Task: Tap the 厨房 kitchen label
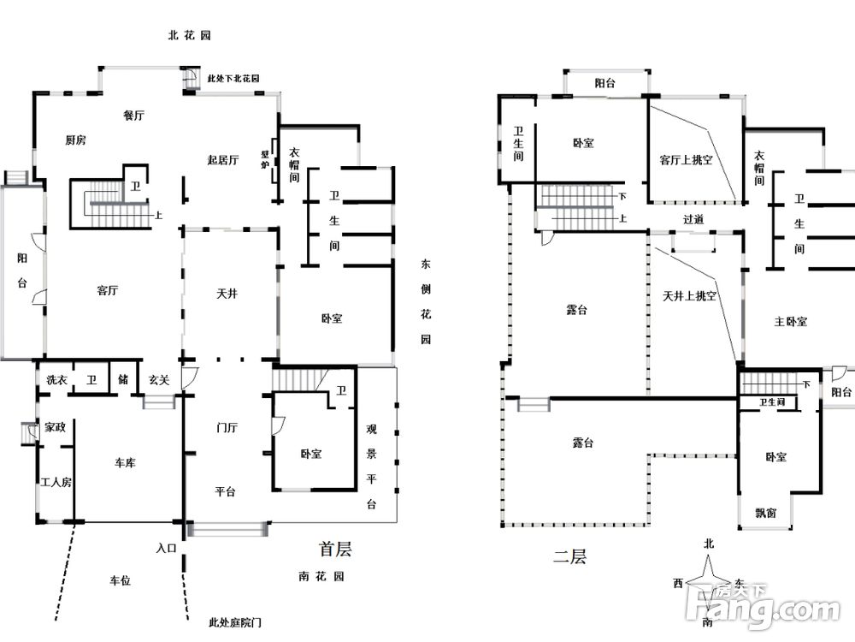(x=75, y=140)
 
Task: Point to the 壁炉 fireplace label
(x=265, y=161)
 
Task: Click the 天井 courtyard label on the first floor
(x=227, y=294)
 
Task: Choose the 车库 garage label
(x=126, y=462)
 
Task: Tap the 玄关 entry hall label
(x=158, y=379)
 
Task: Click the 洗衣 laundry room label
(x=56, y=379)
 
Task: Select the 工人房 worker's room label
(x=56, y=482)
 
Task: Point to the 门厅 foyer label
(x=227, y=425)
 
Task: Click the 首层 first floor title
(x=334, y=549)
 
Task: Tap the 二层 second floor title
(x=569, y=557)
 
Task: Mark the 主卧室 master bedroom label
(x=790, y=322)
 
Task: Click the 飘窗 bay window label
(x=766, y=513)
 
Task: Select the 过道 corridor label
(x=693, y=219)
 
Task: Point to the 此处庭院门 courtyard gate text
(x=227, y=623)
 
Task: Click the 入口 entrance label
(x=166, y=548)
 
